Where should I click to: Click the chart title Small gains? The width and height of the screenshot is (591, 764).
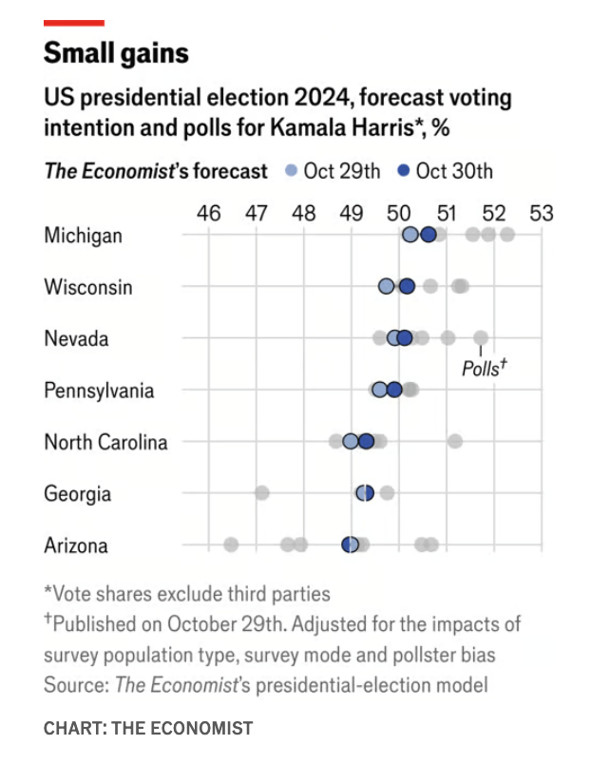pyautogui.click(x=116, y=54)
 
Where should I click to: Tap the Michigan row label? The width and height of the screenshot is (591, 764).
pyautogui.click(x=83, y=236)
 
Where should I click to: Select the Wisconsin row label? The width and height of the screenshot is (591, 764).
pyautogui.click(x=88, y=287)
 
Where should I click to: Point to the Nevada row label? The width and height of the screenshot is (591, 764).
pyautogui.click(x=76, y=338)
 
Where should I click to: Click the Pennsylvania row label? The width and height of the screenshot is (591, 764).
pyautogui.click(x=99, y=391)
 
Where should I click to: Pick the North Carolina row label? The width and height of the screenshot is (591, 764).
pyautogui.click(x=105, y=442)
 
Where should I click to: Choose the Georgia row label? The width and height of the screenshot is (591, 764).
pyautogui.click(x=77, y=493)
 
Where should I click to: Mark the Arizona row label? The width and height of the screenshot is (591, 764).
pyautogui.click(x=76, y=545)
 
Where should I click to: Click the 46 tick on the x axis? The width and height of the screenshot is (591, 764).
pyautogui.click(x=208, y=212)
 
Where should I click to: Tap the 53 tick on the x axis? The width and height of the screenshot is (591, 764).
pyautogui.click(x=541, y=212)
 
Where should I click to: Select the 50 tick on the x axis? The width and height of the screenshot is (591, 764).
pyautogui.click(x=399, y=212)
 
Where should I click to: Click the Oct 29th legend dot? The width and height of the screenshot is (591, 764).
pyautogui.click(x=291, y=171)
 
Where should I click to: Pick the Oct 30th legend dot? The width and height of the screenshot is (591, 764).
pyautogui.click(x=403, y=171)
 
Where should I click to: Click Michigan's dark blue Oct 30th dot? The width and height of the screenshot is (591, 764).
pyautogui.click(x=428, y=235)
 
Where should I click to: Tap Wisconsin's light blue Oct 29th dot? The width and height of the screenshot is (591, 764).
pyautogui.click(x=386, y=286)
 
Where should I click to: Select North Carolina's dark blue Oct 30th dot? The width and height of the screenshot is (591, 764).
pyautogui.click(x=366, y=441)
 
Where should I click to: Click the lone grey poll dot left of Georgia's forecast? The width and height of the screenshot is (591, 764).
pyautogui.click(x=261, y=492)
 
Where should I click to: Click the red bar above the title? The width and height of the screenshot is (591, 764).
pyautogui.click(x=74, y=22)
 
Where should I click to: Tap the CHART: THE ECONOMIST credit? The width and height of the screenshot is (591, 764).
pyautogui.click(x=148, y=728)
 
